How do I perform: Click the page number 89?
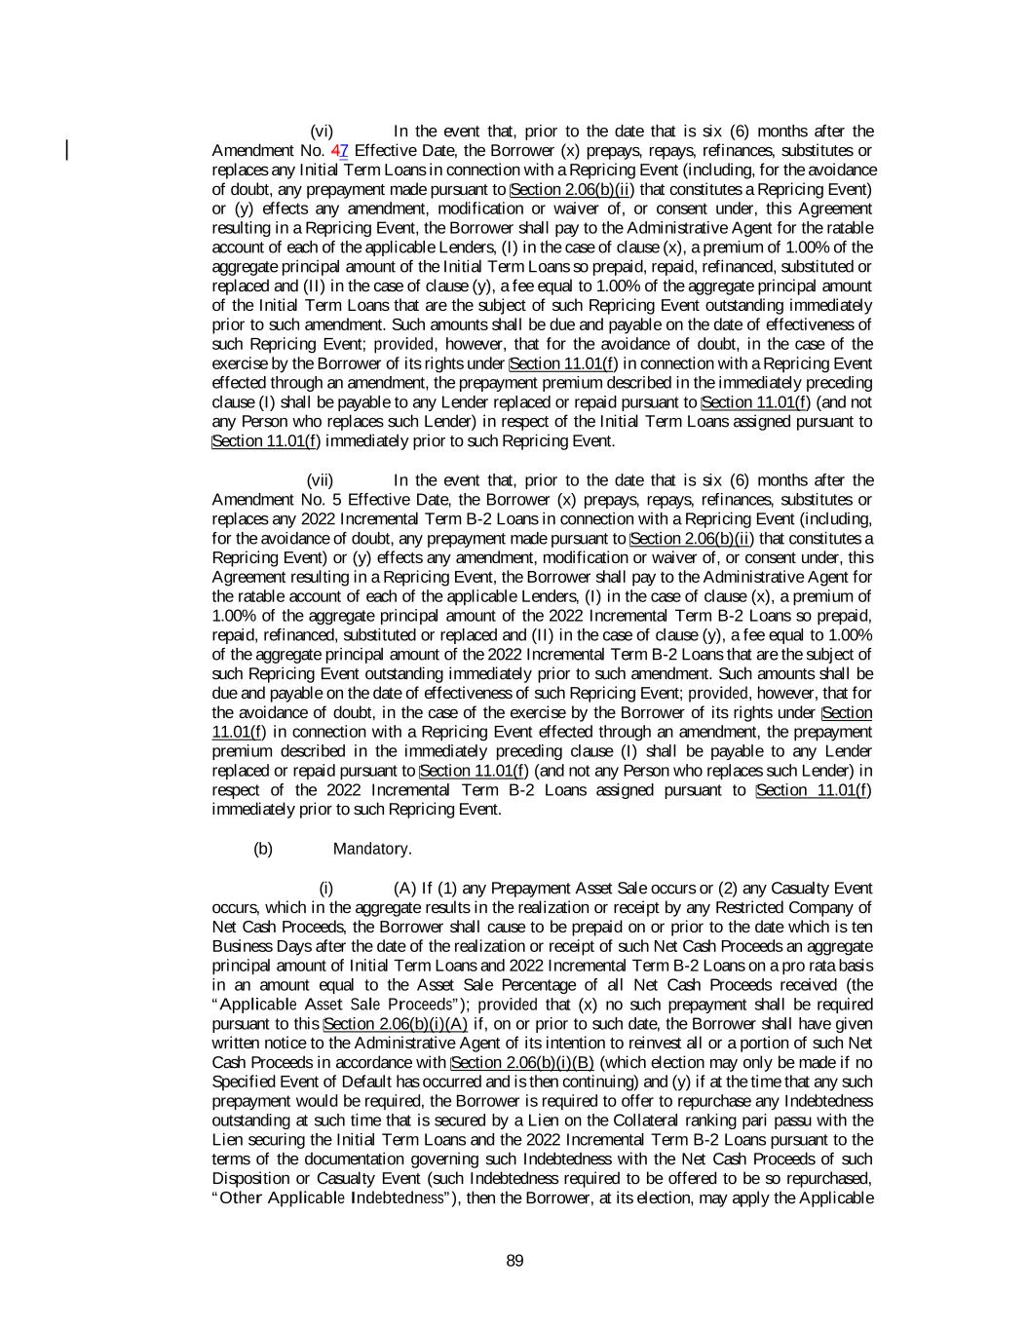pos(514,1261)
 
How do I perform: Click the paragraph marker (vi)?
pos(322,132)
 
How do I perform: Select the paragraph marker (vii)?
pos(320,480)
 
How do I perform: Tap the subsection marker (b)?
pos(263,849)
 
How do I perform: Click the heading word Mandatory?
pos(372,849)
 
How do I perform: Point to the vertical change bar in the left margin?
pos(67,150)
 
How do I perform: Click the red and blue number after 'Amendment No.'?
pos(340,151)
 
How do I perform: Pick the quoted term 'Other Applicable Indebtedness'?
pos(331,1198)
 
